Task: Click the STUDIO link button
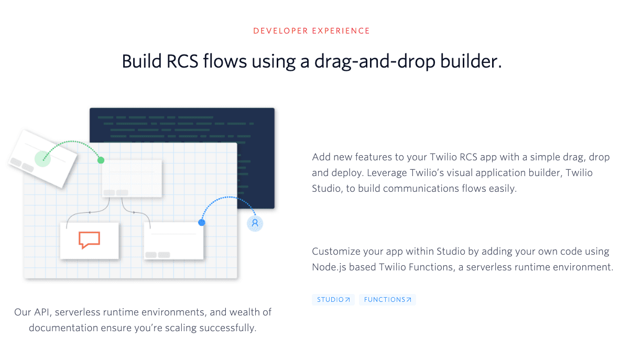click(333, 299)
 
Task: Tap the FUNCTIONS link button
click(387, 299)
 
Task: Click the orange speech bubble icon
click(89, 240)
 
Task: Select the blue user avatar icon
click(255, 223)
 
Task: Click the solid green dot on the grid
click(101, 160)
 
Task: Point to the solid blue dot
click(201, 222)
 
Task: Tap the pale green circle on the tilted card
click(42, 159)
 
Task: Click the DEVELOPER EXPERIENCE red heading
click(311, 31)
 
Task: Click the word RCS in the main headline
click(182, 61)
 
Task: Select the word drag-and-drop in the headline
click(375, 62)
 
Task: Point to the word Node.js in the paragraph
click(329, 267)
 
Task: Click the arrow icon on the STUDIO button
click(347, 300)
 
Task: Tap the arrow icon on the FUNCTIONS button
click(409, 300)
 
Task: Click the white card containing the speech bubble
click(90, 241)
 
